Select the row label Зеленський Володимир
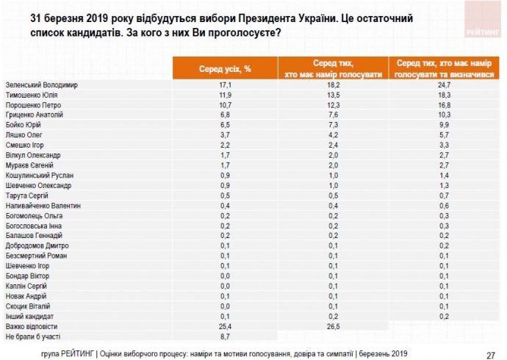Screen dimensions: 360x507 [x=41, y=84]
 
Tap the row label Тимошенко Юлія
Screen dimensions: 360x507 [x=34, y=95]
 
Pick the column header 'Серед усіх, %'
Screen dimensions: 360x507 [x=225, y=68]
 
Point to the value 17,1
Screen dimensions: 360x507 [x=225, y=84]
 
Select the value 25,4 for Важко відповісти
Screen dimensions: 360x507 [x=225, y=325]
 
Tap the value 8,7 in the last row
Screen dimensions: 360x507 [x=225, y=335]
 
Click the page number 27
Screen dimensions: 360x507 [x=489, y=353]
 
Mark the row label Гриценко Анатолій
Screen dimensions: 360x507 [x=35, y=115]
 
